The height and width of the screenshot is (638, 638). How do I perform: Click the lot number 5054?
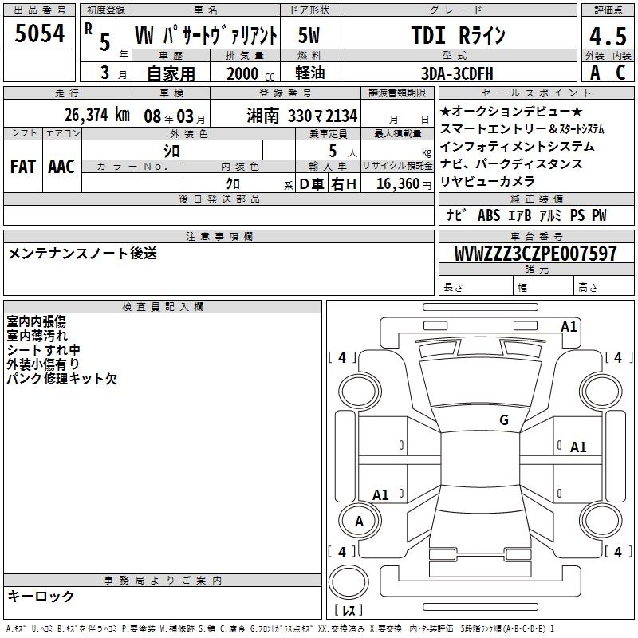[x=39, y=33]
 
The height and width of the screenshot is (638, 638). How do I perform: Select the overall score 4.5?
[x=608, y=36]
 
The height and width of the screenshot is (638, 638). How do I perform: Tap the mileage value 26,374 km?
[x=96, y=115]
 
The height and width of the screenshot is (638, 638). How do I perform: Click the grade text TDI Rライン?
[x=458, y=35]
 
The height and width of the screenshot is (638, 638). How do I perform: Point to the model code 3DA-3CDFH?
[x=457, y=73]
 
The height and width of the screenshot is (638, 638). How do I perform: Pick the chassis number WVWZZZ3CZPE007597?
[x=536, y=253]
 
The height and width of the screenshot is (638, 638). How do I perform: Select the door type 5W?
[x=309, y=35]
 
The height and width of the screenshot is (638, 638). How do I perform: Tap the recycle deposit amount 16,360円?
[x=404, y=184]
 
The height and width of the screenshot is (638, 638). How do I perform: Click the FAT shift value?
[x=23, y=167]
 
